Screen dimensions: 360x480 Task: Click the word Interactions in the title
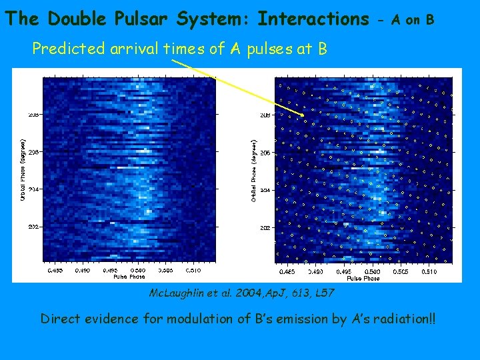(x=313, y=19)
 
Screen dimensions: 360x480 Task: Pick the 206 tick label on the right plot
(x=265, y=153)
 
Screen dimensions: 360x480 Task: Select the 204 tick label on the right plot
(x=265, y=190)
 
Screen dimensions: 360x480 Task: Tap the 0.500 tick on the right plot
(x=374, y=271)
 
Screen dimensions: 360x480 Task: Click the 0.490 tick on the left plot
(x=82, y=271)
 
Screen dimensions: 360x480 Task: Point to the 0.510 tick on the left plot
(x=193, y=271)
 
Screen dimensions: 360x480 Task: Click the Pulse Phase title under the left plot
(x=129, y=276)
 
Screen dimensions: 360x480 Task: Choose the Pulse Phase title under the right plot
(x=363, y=278)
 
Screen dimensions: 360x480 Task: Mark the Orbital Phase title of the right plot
(x=255, y=171)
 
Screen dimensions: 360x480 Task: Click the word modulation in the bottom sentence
(x=202, y=319)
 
